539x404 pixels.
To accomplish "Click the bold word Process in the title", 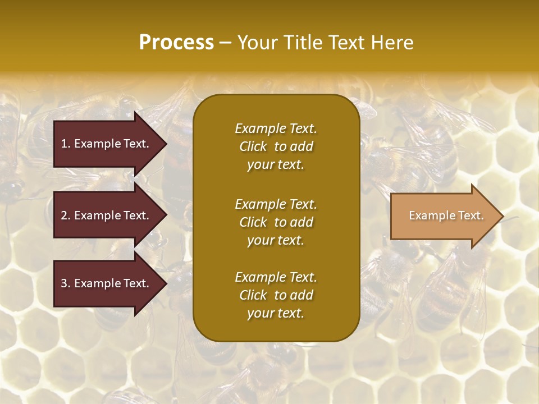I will [176, 43].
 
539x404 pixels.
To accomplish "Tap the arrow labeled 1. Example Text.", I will [107, 144].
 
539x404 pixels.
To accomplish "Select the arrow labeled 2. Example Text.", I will [107, 215].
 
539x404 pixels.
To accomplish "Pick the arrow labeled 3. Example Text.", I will [107, 283].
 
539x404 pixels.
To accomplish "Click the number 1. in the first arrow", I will [66, 144].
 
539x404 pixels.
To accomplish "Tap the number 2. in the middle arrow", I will [66, 215].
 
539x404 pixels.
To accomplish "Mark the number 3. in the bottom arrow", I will [66, 283].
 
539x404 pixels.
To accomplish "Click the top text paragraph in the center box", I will [276, 146].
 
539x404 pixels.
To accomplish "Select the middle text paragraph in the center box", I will [276, 222].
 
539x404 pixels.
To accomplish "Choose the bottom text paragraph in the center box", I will [276, 295].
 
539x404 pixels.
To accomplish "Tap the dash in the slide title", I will [225, 43].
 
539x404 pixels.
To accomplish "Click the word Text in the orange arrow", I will [471, 215].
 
